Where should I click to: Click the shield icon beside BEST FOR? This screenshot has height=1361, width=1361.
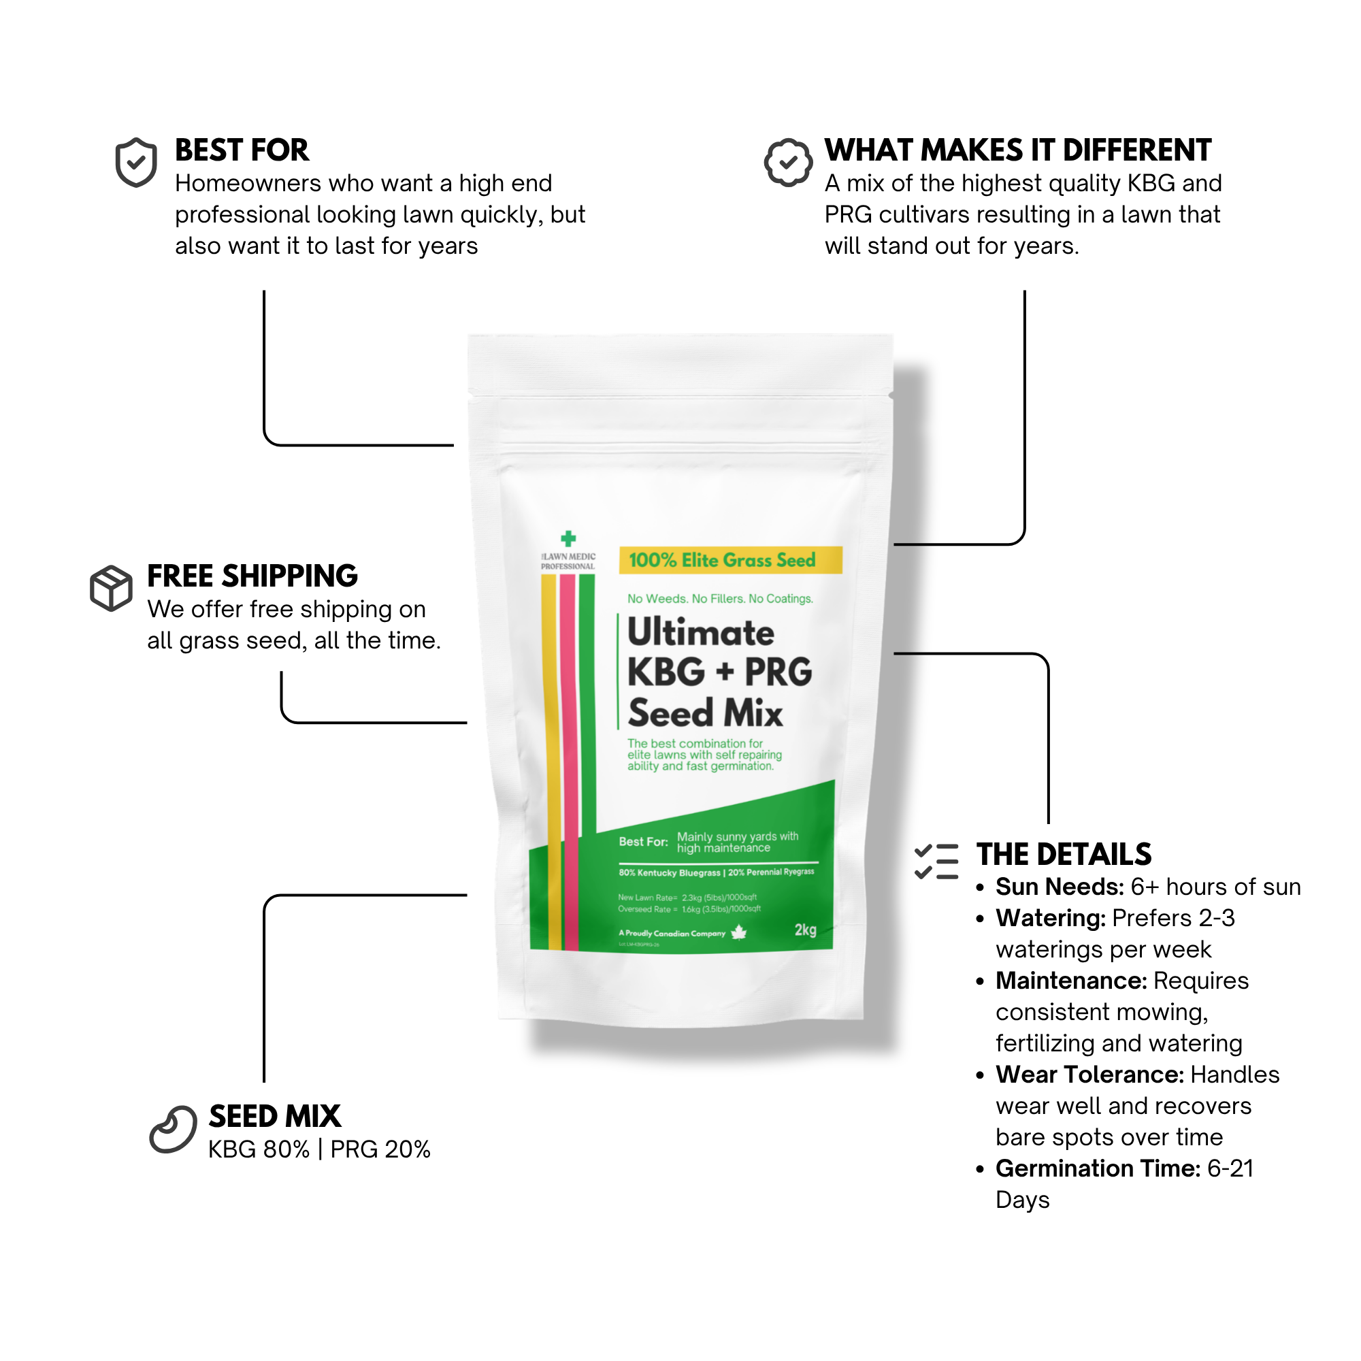pyautogui.click(x=136, y=163)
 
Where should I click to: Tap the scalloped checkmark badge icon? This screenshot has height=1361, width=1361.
pyautogui.click(x=787, y=163)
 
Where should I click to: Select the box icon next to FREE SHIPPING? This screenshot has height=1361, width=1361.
pyautogui.click(x=112, y=587)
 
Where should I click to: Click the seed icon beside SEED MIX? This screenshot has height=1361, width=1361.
pyautogui.click(x=174, y=1129)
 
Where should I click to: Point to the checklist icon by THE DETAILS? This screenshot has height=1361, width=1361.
pyautogui.click(x=936, y=861)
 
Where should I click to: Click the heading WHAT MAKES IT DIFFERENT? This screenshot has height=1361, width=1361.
pyautogui.click(x=1017, y=150)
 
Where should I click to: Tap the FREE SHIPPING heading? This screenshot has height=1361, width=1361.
pyautogui.click(x=252, y=576)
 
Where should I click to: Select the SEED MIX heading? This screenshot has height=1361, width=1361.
pyautogui.click(x=275, y=1117)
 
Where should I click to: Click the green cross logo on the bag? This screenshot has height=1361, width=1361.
pyautogui.click(x=568, y=539)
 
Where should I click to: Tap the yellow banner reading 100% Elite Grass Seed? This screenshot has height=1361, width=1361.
pyautogui.click(x=730, y=560)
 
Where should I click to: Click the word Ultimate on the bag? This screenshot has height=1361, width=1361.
pyautogui.click(x=701, y=632)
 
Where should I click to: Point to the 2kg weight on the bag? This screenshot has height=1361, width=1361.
pyautogui.click(x=805, y=930)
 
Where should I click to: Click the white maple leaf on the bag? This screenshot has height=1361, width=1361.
pyautogui.click(x=738, y=932)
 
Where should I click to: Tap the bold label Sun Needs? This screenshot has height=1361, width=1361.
pyautogui.click(x=1060, y=887)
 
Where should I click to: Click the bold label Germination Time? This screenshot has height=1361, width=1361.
pyautogui.click(x=1098, y=1168)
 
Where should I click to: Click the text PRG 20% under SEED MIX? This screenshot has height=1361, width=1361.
pyautogui.click(x=380, y=1149)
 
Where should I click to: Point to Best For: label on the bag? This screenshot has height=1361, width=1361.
pyautogui.click(x=643, y=842)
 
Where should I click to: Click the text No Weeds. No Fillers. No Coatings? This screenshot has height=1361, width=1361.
pyautogui.click(x=720, y=599)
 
